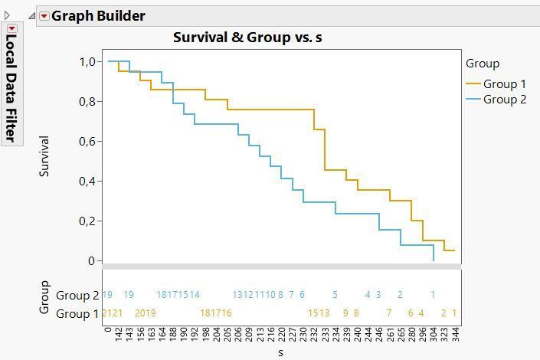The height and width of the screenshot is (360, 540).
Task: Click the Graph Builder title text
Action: [98, 15]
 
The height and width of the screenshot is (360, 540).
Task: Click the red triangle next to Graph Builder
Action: [44, 16]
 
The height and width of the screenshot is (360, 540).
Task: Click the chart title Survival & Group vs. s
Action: [247, 37]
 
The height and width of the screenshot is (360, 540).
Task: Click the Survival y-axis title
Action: [44, 156]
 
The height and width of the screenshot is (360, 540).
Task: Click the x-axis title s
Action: [281, 352]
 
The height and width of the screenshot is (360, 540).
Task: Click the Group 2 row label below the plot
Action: [77, 295]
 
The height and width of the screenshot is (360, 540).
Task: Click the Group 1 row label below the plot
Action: [77, 313]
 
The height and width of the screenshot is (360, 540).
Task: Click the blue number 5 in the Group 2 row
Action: [335, 295]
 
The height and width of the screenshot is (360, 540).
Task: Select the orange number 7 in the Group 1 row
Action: [389, 313]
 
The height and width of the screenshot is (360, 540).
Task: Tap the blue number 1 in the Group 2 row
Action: [433, 295]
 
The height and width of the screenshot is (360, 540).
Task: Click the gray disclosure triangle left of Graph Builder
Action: [31, 16]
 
